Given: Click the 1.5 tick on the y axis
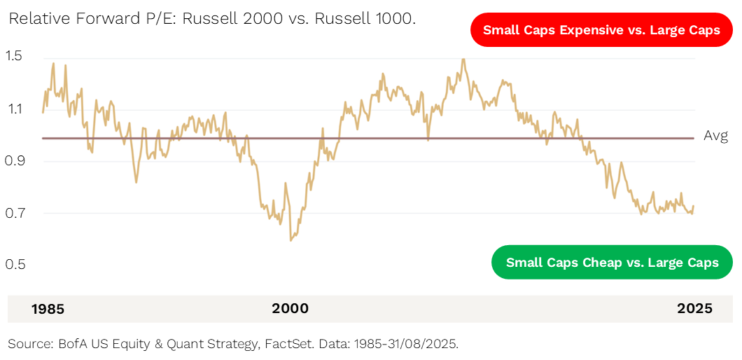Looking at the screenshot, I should tap(14, 55).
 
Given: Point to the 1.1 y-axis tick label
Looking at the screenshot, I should tap(14, 109).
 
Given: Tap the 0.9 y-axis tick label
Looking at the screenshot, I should tap(14, 161).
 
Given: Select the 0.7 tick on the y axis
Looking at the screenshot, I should tap(14, 213).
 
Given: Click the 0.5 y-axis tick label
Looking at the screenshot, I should tap(14, 265).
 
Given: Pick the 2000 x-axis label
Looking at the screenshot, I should tap(290, 309).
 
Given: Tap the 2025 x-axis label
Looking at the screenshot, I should tap(694, 309).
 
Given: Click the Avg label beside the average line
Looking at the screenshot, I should tap(715, 136).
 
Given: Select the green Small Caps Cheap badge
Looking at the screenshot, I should tap(612, 263).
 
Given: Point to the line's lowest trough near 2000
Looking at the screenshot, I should tap(290, 241).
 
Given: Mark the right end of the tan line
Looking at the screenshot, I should tap(694, 207).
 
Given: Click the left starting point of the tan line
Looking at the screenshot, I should tap(43, 112).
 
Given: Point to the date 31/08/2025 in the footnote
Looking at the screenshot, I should tap(420, 344).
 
